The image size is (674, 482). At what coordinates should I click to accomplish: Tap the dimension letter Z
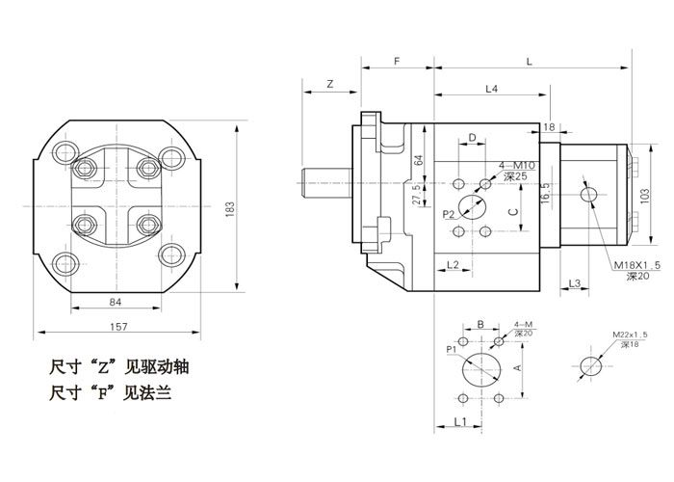pyautogui.click(x=329, y=85)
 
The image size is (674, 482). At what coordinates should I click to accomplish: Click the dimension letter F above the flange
pyautogui.click(x=397, y=61)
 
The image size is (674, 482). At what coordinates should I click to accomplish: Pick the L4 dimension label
pyautogui.click(x=490, y=89)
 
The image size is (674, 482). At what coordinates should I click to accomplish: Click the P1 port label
pyautogui.click(x=450, y=349)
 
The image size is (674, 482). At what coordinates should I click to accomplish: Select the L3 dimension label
pyautogui.click(x=575, y=282)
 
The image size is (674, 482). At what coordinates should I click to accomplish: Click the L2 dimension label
pyautogui.click(x=454, y=264)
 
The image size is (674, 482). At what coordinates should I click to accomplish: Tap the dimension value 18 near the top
pyautogui.click(x=549, y=127)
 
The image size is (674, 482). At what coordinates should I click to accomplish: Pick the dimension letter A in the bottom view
pyautogui.click(x=516, y=367)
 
